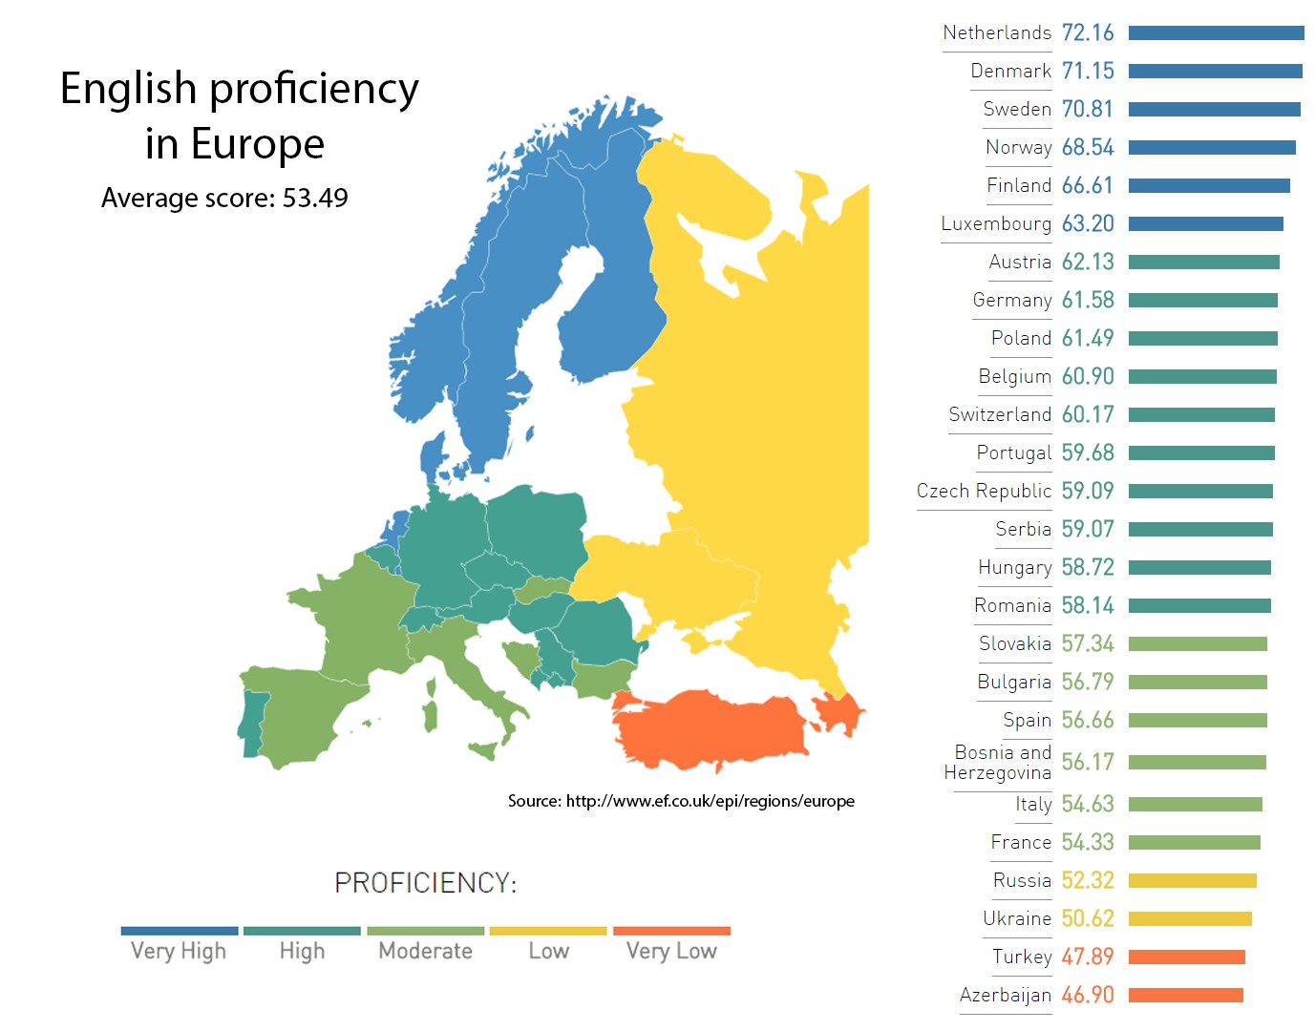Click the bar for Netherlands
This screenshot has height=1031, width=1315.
pos(1216,33)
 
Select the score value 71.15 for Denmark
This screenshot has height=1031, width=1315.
pos(1088,71)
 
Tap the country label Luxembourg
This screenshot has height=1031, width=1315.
pos(996,223)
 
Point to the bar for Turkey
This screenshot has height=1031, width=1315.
pos(1186,957)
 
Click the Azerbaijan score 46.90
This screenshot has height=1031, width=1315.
pos(1088,995)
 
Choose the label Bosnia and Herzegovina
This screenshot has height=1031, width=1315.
pos(998,762)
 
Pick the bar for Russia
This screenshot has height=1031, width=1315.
pos(1192,880)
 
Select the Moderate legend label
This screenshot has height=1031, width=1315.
pos(425,951)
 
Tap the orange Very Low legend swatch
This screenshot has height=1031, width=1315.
pos(671,931)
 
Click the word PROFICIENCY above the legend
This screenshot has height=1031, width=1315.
pos(425,882)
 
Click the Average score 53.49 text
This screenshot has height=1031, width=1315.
pos(224,198)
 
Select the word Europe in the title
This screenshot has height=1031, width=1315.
pos(258,144)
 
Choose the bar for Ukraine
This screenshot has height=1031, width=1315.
pos(1190,918)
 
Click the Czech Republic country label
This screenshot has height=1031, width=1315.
pos(984,491)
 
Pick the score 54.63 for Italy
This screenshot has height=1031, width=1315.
pos(1088,804)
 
